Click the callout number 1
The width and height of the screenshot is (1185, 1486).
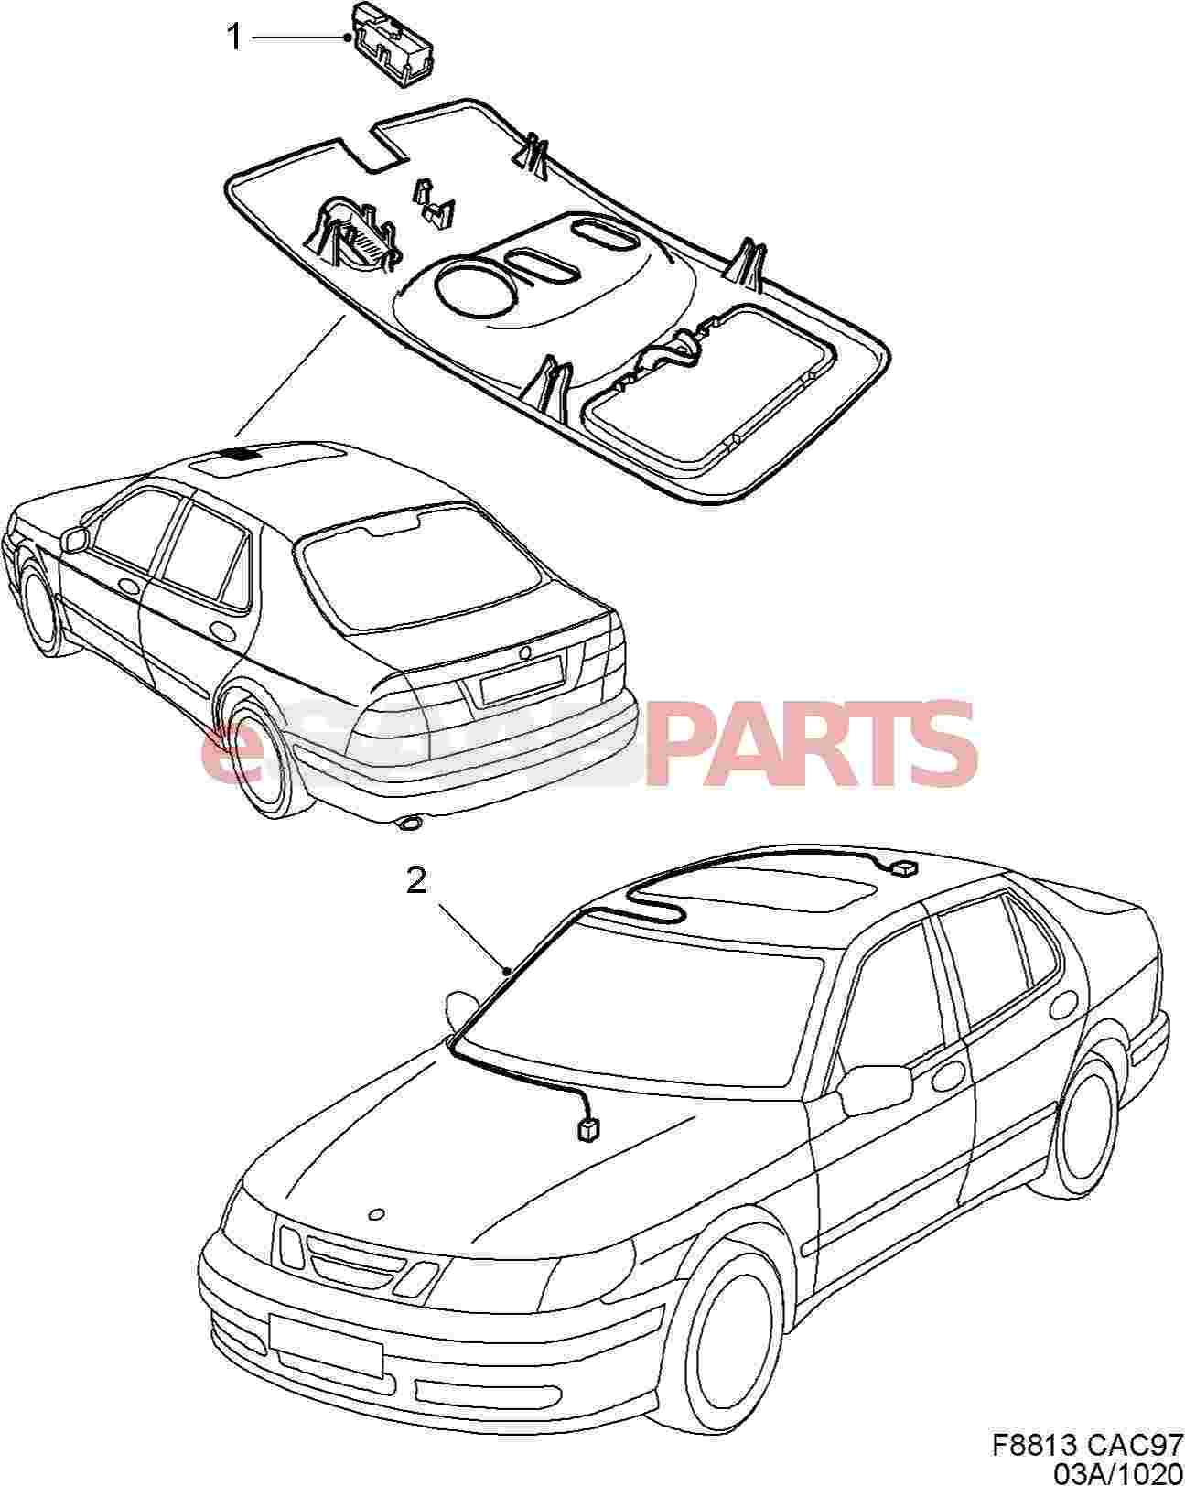click(x=235, y=38)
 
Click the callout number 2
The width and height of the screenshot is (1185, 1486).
click(x=415, y=880)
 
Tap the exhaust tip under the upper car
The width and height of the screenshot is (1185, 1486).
click(x=410, y=823)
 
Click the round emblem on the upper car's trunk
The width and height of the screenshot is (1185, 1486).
click(x=526, y=651)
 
